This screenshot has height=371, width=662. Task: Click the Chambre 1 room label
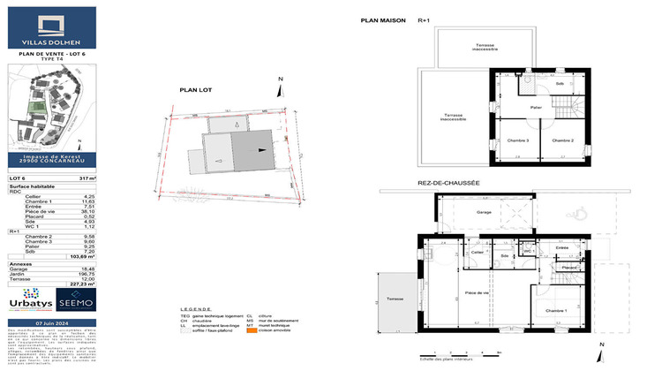pos(555,311)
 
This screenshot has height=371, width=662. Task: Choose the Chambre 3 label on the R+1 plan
pos(517,140)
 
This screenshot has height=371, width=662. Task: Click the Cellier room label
pos(478,252)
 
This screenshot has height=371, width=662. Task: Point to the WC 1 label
pos(528,252)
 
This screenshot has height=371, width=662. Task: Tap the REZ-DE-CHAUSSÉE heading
pos(448,184)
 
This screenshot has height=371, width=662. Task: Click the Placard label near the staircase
pos(569,267)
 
